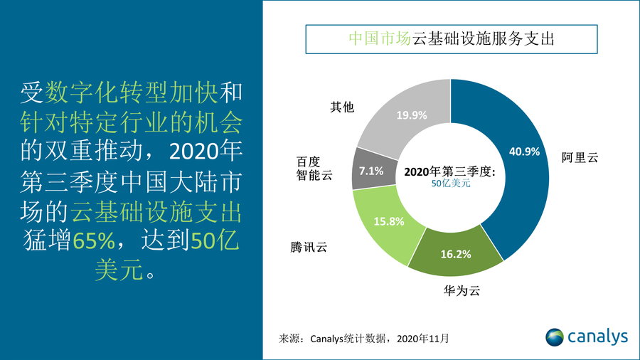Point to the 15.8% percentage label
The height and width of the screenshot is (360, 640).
(389, 221)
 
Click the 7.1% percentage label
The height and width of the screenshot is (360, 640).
(370, 171)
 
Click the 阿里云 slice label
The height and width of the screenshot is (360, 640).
(580, 158)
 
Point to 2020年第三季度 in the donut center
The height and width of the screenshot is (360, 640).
(449, 171)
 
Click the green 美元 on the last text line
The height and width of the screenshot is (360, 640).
(119, 271)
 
